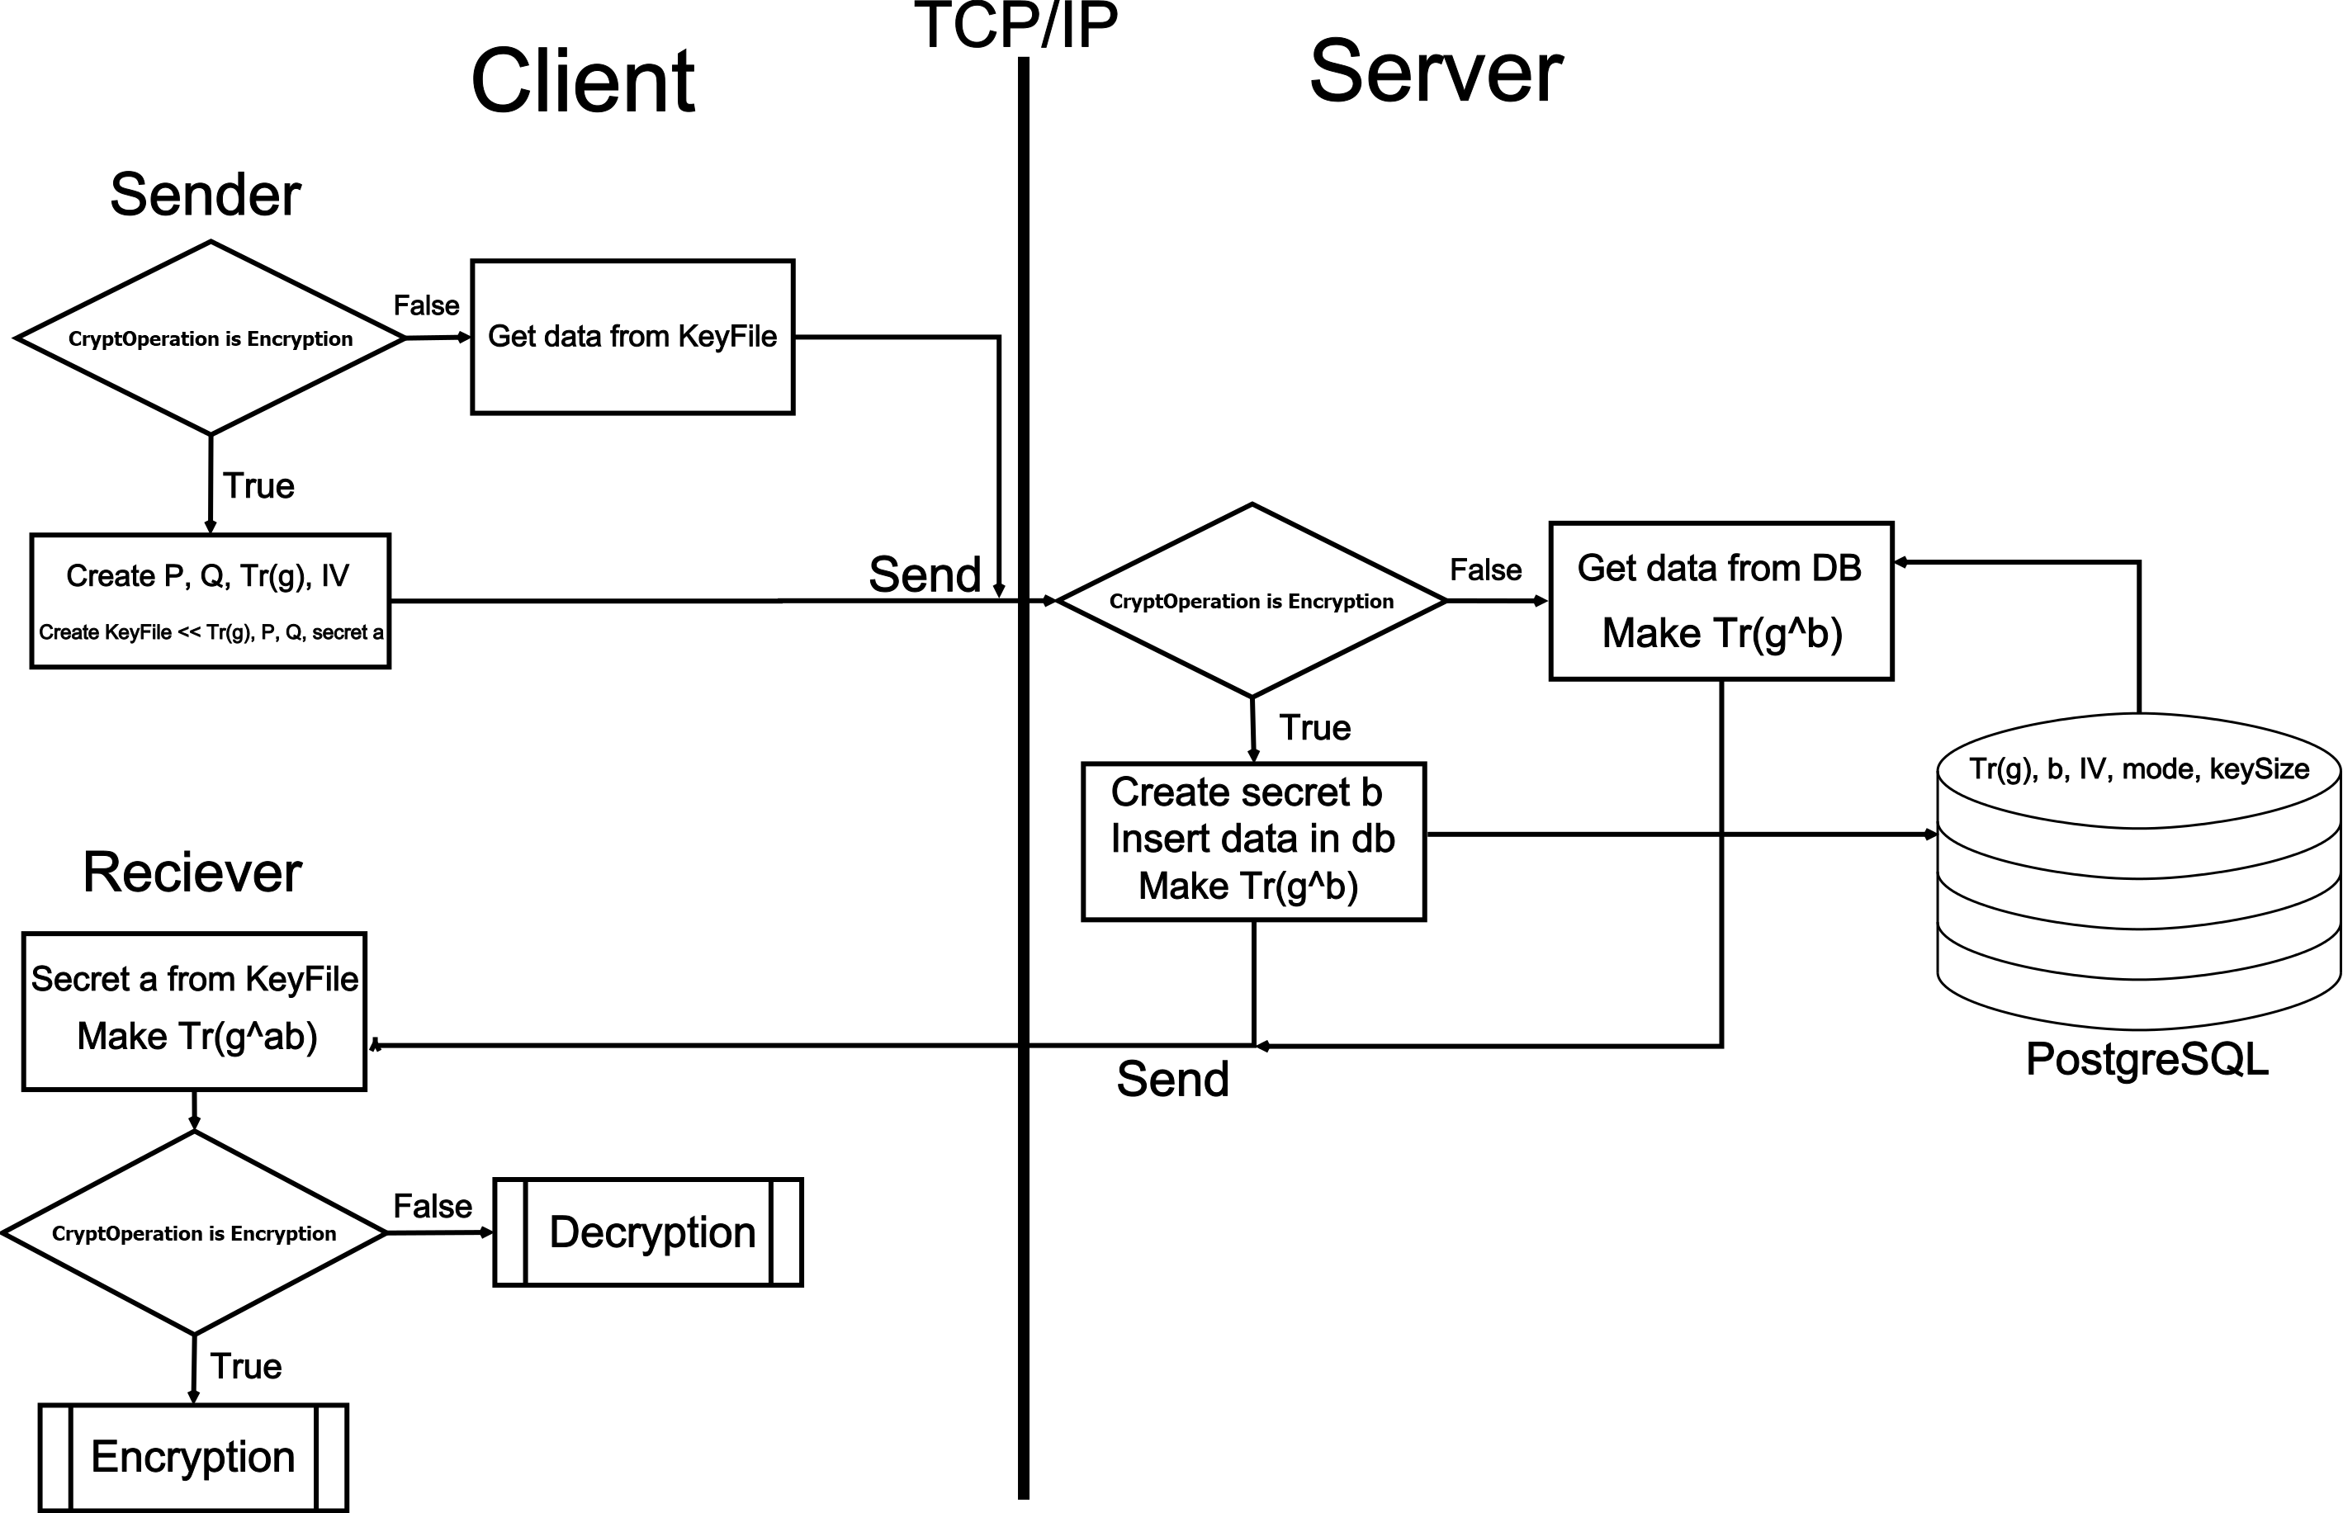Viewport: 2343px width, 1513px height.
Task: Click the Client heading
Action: coord(583,83)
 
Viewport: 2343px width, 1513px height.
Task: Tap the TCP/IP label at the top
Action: coord(1015,26)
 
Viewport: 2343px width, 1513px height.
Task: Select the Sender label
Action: coord(205,195)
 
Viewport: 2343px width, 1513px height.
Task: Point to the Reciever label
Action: coord(192,872)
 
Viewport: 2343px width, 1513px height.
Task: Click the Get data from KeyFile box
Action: coord(632,337)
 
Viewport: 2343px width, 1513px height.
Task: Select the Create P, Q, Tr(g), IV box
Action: coord(211,600)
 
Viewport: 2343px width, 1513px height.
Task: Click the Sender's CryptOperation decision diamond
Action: coord(211,338)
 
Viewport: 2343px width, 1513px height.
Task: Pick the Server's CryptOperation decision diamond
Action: coord(1251,601)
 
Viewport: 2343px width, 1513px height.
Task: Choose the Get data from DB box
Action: coord(1721,600)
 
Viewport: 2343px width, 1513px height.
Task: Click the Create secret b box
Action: coord(1252,841)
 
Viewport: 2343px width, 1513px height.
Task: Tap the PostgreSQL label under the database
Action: coord(2147,1059)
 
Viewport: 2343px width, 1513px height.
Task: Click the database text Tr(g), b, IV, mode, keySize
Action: coord(2138,769)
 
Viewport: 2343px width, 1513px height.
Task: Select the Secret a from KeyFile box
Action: coord(195,1010)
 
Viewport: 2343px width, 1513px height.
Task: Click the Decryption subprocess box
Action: coord(648,1232)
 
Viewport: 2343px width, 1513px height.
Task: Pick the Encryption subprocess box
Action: coord(193,1457)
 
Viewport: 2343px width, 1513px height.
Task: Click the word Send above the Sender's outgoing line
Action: coord(925,574)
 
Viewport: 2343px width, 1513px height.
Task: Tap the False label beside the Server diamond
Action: coord(1484,570)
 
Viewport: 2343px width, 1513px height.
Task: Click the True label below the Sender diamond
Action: coord(258,486)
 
